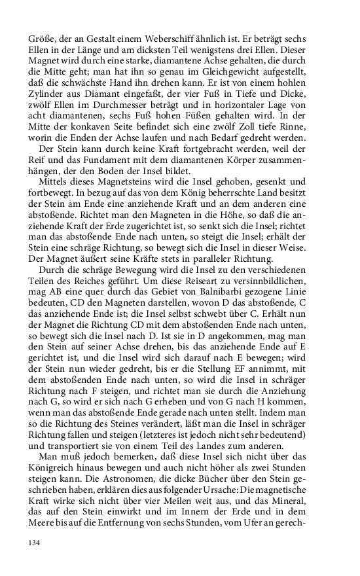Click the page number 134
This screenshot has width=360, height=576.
[33, 543]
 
